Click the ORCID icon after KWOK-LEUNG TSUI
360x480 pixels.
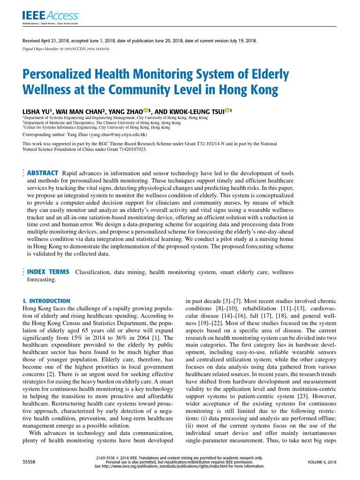point(227,110)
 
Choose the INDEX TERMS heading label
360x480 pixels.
point(48,272)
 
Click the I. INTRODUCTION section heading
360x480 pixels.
point(46,300)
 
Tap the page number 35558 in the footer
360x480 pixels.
point(30,462)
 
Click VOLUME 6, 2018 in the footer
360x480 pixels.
point(322,462)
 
